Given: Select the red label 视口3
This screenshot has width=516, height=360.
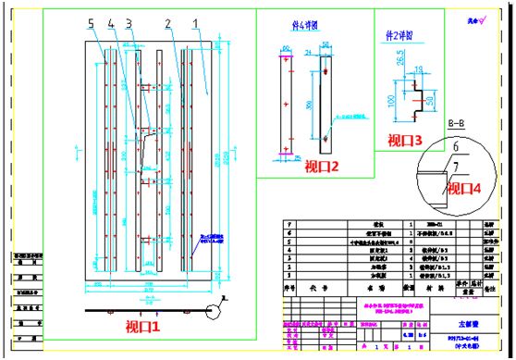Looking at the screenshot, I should [x=404, y=141].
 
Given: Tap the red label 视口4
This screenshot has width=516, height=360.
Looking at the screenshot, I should [x=467, y=188].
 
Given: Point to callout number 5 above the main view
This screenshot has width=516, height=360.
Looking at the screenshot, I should [x=91, y=21].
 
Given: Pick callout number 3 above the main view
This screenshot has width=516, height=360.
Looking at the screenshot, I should [x=129, y=21].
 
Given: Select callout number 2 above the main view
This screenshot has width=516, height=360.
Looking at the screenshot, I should [x=166, y=21].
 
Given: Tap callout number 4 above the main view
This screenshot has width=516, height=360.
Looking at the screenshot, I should [x=110, y=21].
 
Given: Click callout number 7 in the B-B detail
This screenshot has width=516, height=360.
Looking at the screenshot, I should [x=455, y=166].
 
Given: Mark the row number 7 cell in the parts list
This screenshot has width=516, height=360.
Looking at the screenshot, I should [x=291, y=225].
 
